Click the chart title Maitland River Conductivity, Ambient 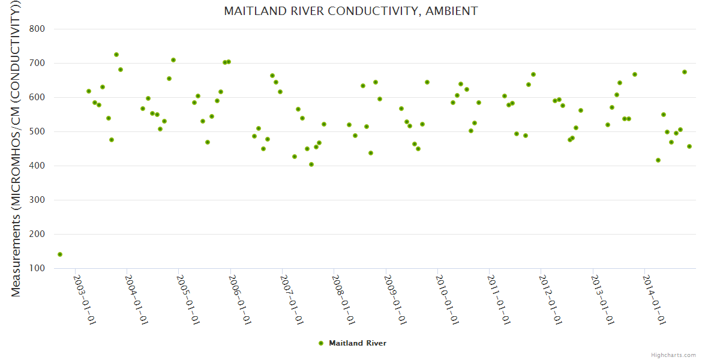coord(350,11)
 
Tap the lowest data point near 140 coord(60,254)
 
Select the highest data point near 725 coord(116,55)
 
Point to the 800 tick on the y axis coord(45,29)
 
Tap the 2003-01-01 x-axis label coord(85,299)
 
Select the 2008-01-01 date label coord(343,299)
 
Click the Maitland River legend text coord(358,343)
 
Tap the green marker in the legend coord(321,343)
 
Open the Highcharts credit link coord(673,355)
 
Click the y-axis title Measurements coord(17,150)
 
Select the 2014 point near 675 coord(685,72)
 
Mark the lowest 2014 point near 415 coord(658,160)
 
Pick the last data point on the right coord(689,146)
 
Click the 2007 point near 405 coord(311,164)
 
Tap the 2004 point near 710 coord(173,60)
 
